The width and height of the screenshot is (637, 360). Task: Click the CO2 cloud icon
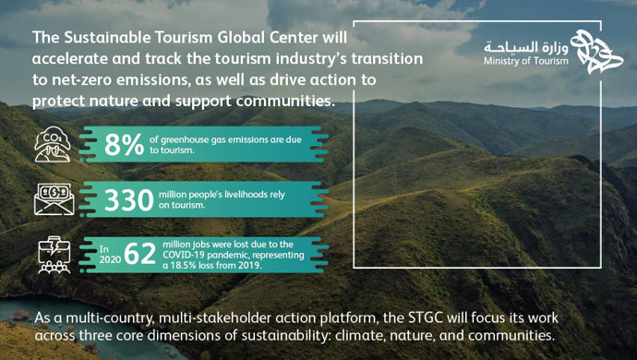click(x=52, y=145)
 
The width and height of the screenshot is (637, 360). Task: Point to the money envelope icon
click(x=52, y=198)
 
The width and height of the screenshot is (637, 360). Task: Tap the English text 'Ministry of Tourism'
click(x=522, y=62)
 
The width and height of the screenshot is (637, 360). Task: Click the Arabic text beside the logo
click(x=522, y=46)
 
